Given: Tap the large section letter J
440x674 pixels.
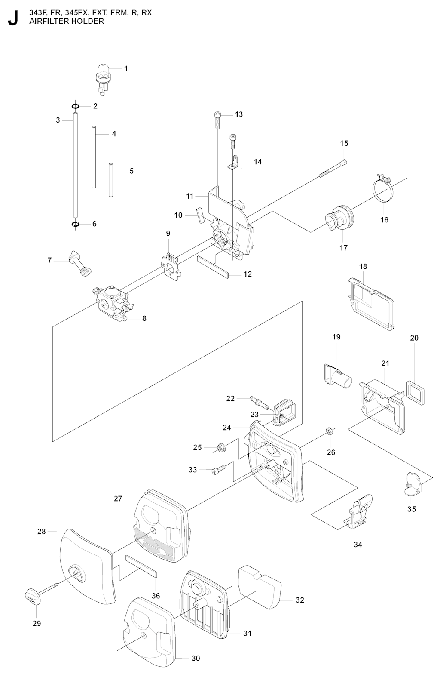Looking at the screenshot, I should pos(13,18).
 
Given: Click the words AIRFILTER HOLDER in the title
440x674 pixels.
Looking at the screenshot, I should pos(67,21).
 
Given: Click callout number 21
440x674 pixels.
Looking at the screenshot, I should pos(385,363).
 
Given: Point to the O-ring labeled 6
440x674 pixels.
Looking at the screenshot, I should pos(76,224).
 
